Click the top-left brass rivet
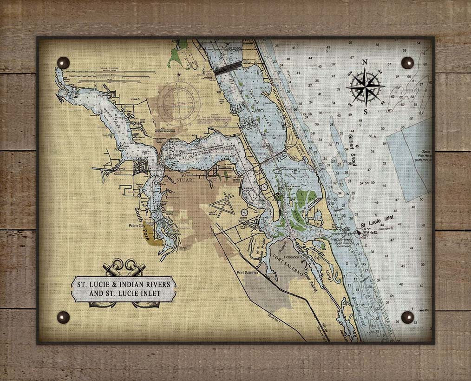point(63,62)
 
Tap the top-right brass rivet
point(407,62)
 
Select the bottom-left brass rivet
point(63,317)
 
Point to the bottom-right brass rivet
point(407,317)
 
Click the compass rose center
point(365,87)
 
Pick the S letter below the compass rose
point(366,112)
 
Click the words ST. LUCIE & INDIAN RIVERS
point(124,284)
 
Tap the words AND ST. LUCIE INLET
point(124,294)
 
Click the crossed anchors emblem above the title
point(124,269)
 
